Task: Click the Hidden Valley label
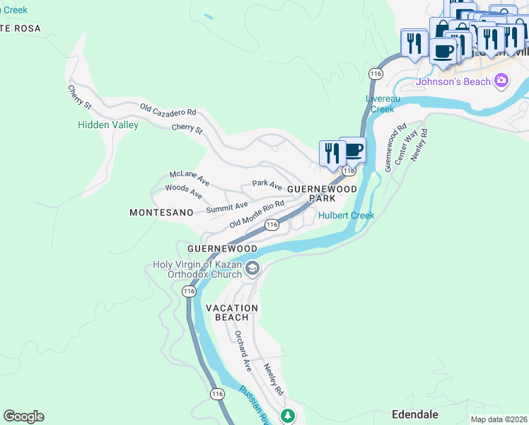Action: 107,125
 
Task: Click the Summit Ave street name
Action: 227,207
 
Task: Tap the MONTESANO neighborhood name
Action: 161,212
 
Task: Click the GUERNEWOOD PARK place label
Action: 322,193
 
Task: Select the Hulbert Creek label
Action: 346,215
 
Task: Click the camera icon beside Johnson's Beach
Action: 501,81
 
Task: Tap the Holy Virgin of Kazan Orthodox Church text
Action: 197,270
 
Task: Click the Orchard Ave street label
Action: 243,351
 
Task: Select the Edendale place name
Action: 415,414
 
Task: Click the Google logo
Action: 23,416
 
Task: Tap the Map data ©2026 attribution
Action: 499,419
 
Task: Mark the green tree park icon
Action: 287,415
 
